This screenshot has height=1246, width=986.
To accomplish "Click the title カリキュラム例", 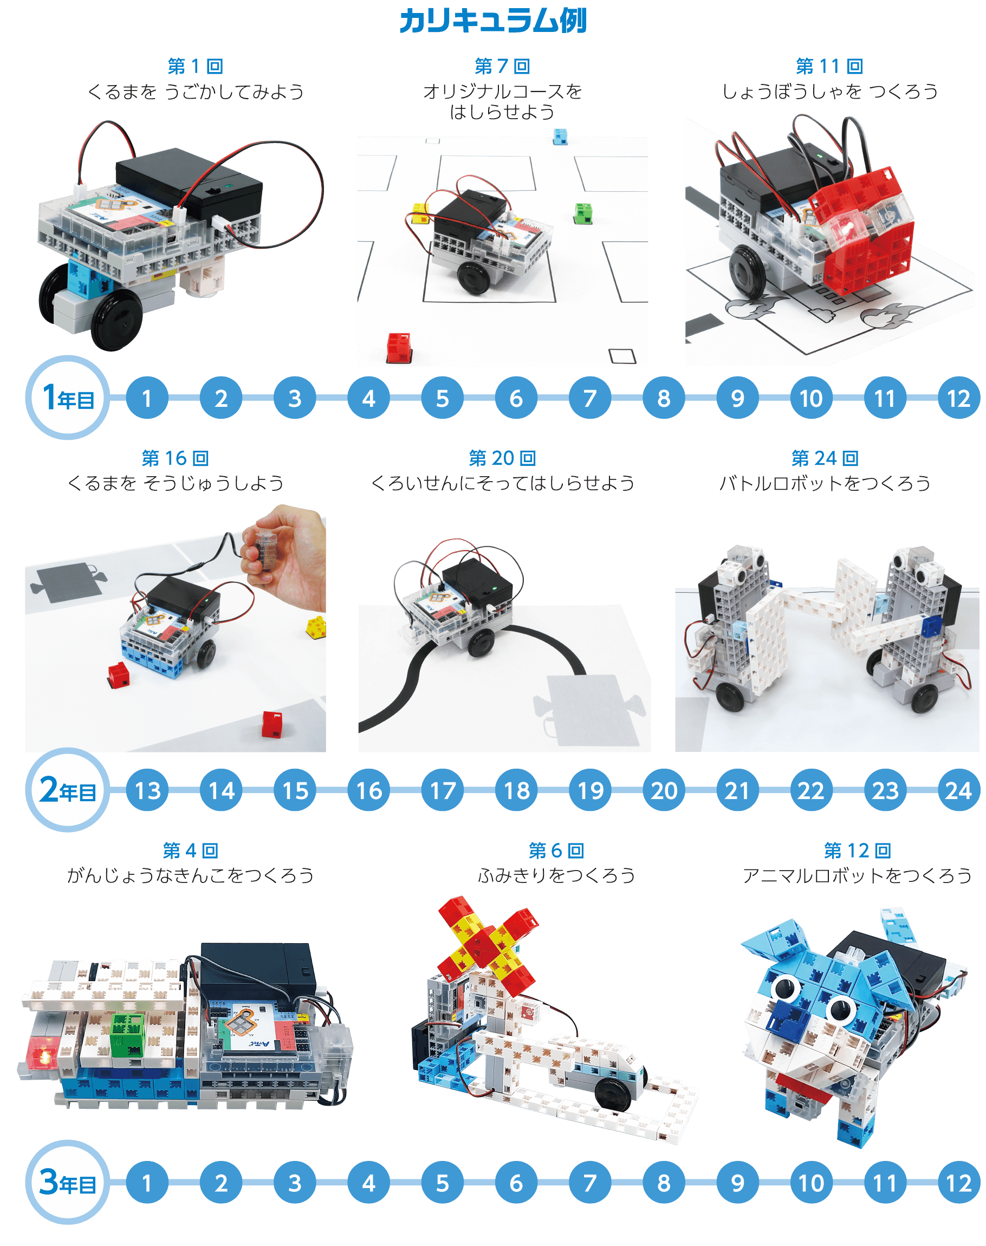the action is point(493,21).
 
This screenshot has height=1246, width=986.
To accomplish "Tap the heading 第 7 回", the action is point(502,67).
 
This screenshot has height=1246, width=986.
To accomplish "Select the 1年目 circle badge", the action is point(68,398).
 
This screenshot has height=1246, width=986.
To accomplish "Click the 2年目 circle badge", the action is point(68,789).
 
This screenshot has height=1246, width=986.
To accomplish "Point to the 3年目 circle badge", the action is point(68,1182).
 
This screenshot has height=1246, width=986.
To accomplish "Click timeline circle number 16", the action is point(369,790).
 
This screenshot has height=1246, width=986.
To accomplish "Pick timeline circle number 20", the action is point(664,790).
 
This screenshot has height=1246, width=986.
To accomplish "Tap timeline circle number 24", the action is point(959,790).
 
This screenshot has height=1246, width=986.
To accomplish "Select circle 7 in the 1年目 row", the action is point(590,398).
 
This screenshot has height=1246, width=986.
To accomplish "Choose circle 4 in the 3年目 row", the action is point(369,1183).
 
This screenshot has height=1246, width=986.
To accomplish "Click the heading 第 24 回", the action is point(825,458).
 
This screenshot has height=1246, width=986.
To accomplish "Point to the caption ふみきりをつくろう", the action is point(556,875).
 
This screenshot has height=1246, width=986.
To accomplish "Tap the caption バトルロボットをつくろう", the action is point(825,483).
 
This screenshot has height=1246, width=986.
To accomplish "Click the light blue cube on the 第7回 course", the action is point(560,136).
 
